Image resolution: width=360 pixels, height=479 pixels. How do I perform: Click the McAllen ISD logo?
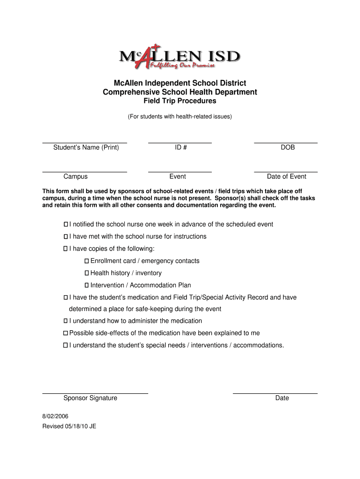[x=180, y=58]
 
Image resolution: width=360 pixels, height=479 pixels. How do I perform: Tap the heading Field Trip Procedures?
[x=180, y=101]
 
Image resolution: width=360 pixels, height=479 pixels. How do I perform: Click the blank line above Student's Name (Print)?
[x=85, y=142]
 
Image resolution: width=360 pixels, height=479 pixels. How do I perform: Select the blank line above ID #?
[x=180, y=142]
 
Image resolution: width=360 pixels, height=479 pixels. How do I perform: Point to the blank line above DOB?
[x=286, y=142]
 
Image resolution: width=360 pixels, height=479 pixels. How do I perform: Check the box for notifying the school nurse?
[x=66, y=225]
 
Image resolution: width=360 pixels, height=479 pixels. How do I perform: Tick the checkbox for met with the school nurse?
[x=66, y=237]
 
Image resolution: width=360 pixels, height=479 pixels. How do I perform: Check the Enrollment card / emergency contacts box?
[x=87, y=261]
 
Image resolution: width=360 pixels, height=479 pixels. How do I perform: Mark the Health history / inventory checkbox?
[x=87, y=273]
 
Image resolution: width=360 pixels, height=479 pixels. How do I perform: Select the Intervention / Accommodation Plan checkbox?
[x=87, y=285]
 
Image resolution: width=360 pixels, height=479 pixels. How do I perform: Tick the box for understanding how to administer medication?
[x=66, y=321]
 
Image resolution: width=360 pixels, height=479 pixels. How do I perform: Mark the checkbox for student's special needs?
[x=66, y=345]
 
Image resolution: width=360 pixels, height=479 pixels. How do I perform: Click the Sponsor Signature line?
[x=95, y=393]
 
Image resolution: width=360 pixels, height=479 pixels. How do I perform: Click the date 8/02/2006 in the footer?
[x=56, y=416]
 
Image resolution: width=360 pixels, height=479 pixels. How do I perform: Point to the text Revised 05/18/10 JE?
[x=69, y=426]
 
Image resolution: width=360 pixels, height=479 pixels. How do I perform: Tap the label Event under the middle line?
[x=178, y=176]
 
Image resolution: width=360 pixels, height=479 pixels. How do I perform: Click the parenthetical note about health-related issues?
[x=180, y=116]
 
